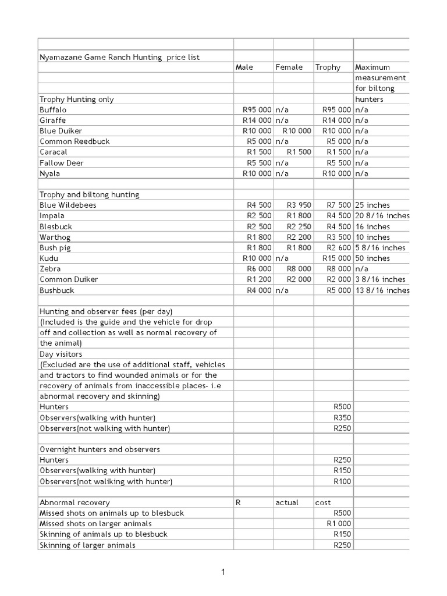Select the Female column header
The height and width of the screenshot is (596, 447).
pyautogui.click(x=289, y=68)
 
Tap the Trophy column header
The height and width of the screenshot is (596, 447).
pyautogui.click(x=328, y=68)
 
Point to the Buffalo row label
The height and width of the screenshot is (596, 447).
pyautogui.click(x=53, y=109)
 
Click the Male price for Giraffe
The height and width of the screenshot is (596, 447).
pyautogui.click(x=257, y=120)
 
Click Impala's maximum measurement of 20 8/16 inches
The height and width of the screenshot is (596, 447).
pyautogui.click(x=382, y=215)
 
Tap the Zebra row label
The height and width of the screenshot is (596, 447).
pyautogui.click(x=50, y=269)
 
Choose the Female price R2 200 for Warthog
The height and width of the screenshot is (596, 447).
pyautogui.click(x=299, y=237)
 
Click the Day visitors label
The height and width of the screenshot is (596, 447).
pyautogui.click(x=61, y=354)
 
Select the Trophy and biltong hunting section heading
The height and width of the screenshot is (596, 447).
pyautogui.click(x=89, y=194)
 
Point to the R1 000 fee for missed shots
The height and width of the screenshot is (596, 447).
pyautogui.click(x=339, y=524)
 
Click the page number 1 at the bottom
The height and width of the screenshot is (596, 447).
pyautogui.click(x=223, y=573)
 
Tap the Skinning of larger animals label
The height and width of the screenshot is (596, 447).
pyautogui.click(x=87, y=545)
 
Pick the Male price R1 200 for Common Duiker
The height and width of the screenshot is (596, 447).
pyautogui.click(x=259, y=279)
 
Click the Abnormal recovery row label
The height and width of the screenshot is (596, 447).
pyautogui.click(x=74, y=502)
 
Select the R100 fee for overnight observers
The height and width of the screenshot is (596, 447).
pyautogui.click(x=342, y=481)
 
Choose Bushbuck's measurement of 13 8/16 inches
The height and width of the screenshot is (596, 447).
pyautogui.click(x=382, y=290)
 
